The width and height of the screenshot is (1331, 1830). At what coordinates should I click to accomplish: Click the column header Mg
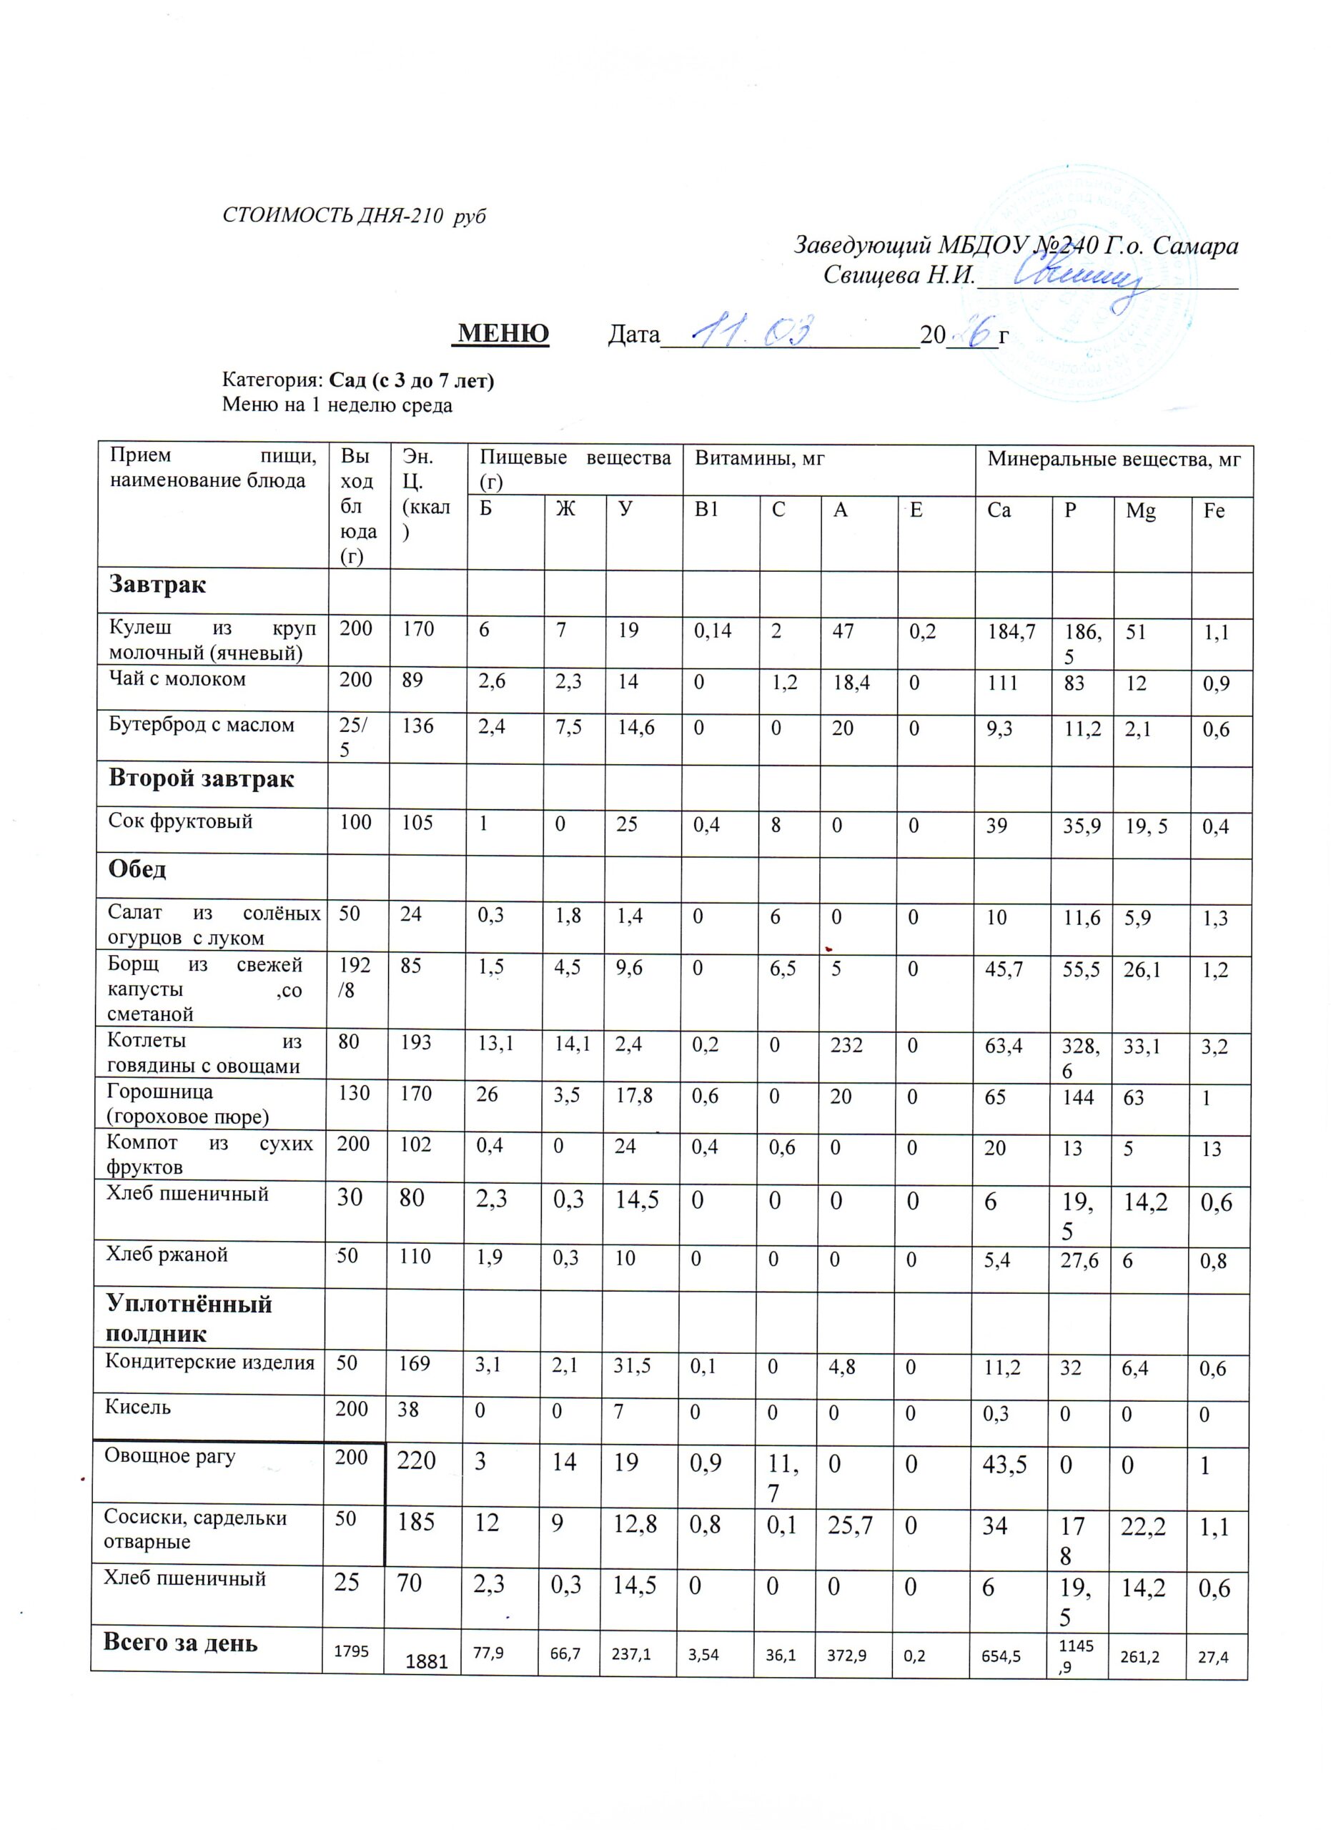click(1141, 510)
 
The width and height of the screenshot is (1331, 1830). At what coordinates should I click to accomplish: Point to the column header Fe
click(1213, 510)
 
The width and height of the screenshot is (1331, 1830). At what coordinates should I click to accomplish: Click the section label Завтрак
click(158, 584)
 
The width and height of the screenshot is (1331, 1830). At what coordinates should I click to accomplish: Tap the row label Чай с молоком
click(177, 679)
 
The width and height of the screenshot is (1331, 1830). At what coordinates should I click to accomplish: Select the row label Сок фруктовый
click(181, 821)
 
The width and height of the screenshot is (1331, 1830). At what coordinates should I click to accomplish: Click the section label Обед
click(138, 869)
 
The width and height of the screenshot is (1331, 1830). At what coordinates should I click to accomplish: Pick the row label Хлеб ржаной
click(167, 1255)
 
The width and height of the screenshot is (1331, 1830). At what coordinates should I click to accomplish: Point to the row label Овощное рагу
click(169, 1456)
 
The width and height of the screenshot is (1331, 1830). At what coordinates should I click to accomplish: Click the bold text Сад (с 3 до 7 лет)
click(412, 380)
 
